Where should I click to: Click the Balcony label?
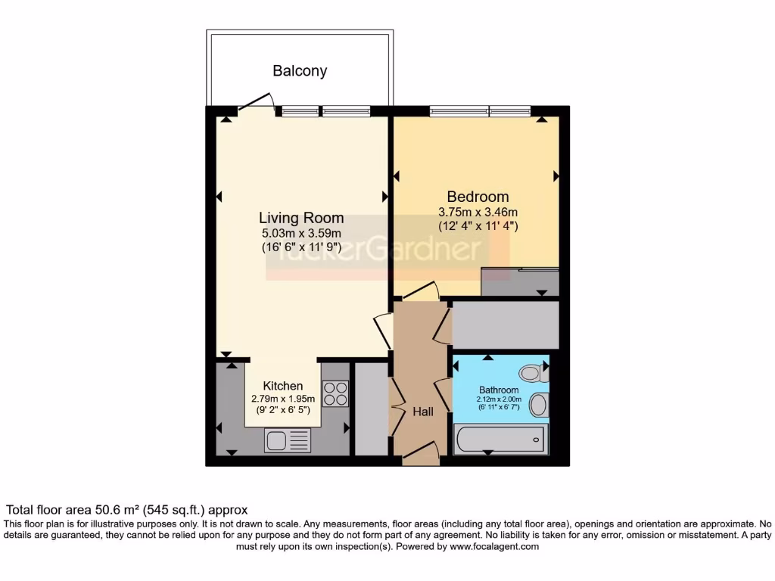point(300,71)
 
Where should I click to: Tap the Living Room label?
point(301,219)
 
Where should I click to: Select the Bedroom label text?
point(478,196)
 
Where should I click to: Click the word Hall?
point(423,412)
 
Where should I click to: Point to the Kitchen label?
point(283,386)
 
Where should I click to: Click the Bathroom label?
point(499,390)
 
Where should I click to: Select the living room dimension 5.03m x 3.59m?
point(301,234)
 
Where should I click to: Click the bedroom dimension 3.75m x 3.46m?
point(478,212)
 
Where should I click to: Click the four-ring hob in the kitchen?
point(335,393)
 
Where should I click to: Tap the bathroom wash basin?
point(538,405)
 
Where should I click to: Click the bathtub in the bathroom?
point(499,438)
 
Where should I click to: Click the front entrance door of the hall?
point(421,453)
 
